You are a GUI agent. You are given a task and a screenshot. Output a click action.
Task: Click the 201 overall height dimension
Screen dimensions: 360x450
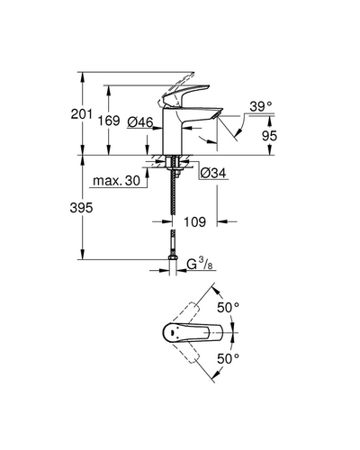click(82, 114)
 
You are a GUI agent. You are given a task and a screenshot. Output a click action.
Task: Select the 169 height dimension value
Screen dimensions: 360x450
click(109, 121)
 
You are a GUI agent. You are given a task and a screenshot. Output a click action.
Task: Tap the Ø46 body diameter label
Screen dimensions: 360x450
click(140, 122)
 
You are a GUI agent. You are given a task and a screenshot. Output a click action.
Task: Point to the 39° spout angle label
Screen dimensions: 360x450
click(261, 106)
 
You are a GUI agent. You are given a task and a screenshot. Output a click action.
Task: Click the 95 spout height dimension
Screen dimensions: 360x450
click(269, 136)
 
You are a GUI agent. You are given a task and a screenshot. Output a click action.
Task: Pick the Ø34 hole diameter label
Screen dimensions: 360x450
click(213, 173)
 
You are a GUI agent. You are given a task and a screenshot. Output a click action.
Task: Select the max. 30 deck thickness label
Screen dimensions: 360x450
click(116, 181)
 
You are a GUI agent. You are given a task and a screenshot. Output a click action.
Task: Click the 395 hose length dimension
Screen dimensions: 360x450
click(81, 208)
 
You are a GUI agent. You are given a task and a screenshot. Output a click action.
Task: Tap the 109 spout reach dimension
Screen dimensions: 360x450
click(194, 222)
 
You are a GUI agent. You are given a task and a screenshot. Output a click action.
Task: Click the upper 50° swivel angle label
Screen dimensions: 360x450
click(228, 308)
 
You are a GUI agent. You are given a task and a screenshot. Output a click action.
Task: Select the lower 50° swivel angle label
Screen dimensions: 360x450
click(228, 358)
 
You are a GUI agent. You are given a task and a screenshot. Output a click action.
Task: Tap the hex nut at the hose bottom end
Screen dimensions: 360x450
click(173, 257)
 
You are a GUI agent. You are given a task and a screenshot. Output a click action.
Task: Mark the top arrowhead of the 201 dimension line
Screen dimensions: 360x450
click(83, 76)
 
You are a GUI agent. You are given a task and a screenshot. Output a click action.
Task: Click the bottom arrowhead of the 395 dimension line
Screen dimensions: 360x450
click(83, 256)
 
